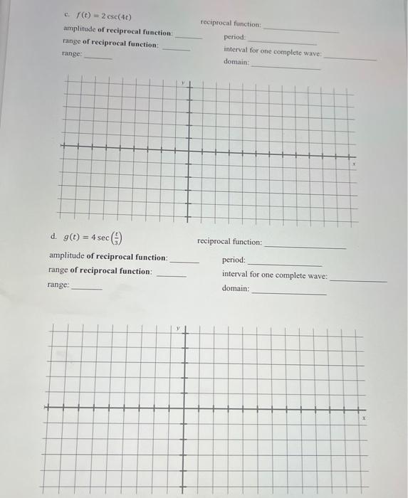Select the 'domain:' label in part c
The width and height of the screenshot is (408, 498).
[236, 63]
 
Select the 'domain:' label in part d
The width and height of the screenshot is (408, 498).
[236, 289]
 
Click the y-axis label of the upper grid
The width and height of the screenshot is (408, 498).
[182, 84]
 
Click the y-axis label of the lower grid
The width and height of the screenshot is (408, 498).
[179, 329]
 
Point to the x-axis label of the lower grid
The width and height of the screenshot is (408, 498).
[363, 420]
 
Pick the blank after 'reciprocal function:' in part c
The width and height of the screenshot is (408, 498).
[301, 30]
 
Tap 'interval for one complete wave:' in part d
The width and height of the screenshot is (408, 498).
[275, 275]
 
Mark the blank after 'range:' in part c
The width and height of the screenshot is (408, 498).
[98, 58]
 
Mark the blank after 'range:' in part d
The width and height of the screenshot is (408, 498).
[87, 288]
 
